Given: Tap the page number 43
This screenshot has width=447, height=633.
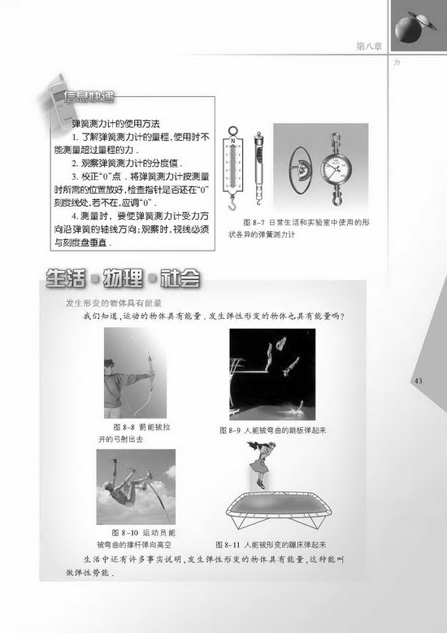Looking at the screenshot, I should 419,381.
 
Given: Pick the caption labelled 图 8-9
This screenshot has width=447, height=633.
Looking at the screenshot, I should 271,430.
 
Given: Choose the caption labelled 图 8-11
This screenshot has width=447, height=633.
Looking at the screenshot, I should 271,543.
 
